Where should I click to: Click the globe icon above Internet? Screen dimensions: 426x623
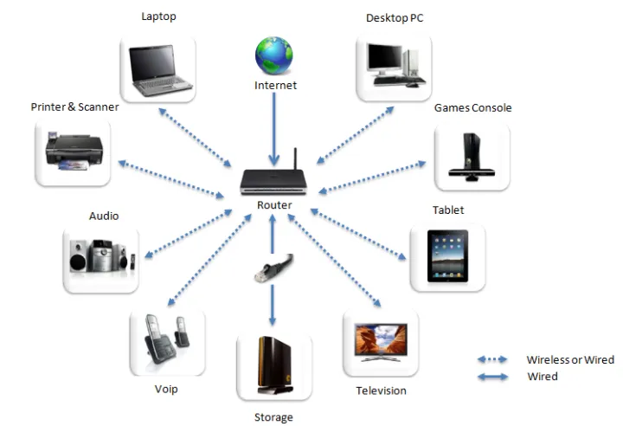274,55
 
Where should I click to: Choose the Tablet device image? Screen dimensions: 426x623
447,256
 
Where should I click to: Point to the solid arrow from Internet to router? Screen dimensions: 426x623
274,130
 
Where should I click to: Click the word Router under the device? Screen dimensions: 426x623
274,205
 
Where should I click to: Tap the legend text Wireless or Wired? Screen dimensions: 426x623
570,359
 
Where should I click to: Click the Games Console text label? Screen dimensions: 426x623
472,108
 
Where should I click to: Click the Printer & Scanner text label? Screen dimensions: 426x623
74,107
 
